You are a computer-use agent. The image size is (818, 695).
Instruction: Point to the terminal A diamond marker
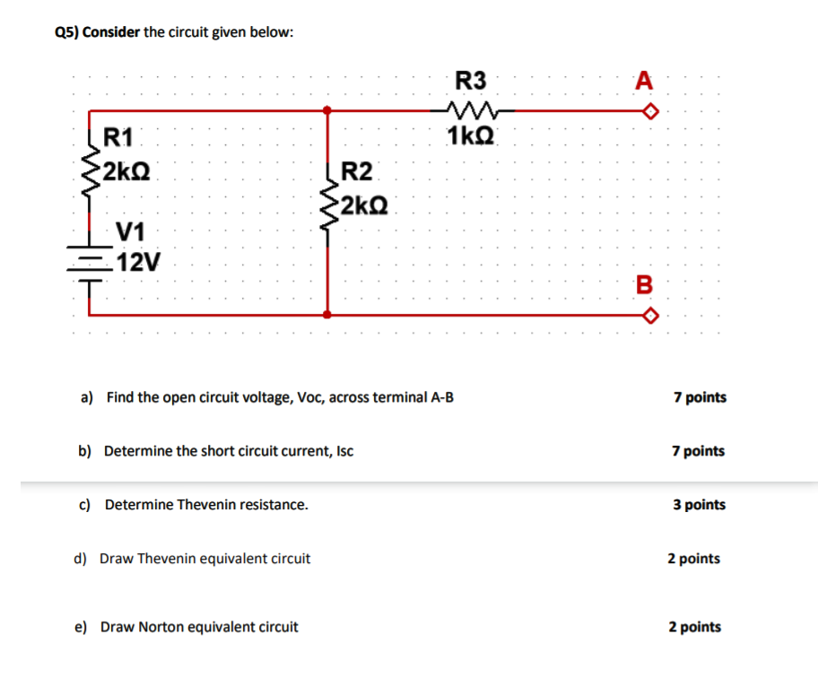pyautogui.click(x=653, y=111)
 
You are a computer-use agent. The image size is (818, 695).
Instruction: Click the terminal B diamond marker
pyautogui.click(x=653, y=316)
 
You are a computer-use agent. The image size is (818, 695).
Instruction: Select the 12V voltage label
pyautogui.click(x=139, y=263)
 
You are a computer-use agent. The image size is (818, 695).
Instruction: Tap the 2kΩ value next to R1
pyautogui.click(x=126, y=170)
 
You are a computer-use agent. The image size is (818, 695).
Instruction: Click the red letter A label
pyautogui.click(x=642, y=82)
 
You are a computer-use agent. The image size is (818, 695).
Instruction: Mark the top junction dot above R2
pyautogui.click(x=328, y=110)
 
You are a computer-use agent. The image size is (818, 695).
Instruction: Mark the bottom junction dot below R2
pyautogui.click(x=328, y=316)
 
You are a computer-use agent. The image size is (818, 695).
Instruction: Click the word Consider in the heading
pyautogui.click(x=113, y=32)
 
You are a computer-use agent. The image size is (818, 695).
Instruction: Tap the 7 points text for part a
pyautogui.click(x=700, y=396)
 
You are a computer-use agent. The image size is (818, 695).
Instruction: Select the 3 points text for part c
pyautogui.click(x=699, y=505)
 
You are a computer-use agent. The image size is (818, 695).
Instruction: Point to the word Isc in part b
pyautogui.click(x=344, y=451)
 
